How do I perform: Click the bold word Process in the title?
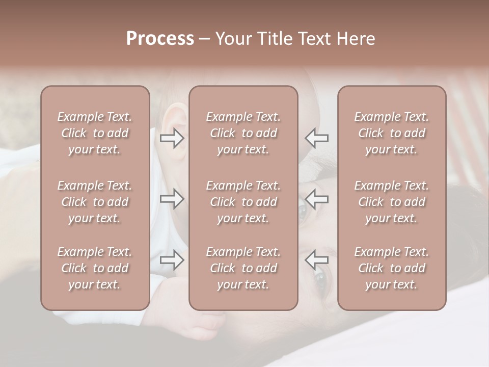160,39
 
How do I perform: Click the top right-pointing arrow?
172,138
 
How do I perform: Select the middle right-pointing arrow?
172,198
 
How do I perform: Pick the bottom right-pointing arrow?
172,260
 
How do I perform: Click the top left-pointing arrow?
317,138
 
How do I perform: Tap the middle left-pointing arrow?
317,198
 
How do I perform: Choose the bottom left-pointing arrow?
317,260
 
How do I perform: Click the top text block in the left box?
95,133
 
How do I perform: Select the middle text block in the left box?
95,202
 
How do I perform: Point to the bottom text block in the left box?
95,268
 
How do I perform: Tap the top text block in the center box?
243,133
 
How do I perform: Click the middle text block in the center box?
243,202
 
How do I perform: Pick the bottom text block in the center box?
243,268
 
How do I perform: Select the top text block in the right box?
391,133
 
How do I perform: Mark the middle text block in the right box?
391,202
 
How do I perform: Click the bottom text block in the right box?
391,268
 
